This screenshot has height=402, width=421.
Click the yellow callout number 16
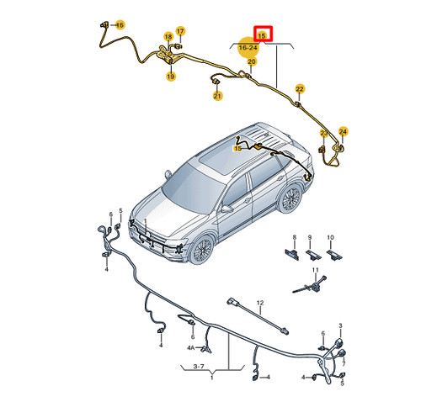point(120,25)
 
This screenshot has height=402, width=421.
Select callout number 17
point(180,31)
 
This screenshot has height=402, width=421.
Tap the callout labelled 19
point(171,77)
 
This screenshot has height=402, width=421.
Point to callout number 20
point(252,61)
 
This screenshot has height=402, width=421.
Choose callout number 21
point(217,96)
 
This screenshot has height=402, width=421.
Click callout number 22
point(300,89)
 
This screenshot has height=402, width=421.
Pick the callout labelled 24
point(343,132)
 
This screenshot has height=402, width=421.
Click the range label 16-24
point(248,48)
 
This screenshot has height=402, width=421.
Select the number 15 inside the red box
point(262,36)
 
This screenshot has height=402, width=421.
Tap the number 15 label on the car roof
point(238,148)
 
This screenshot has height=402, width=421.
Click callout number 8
point(295,237)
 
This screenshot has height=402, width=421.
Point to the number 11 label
point(316,270)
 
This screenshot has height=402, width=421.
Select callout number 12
point(260,303)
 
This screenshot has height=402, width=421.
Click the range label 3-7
point(199,367)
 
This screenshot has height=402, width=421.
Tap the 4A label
point(191,348)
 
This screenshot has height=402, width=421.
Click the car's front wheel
point(202,250)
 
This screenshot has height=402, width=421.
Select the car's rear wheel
point(290,198)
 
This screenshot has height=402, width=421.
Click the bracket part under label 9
point(313,255)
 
